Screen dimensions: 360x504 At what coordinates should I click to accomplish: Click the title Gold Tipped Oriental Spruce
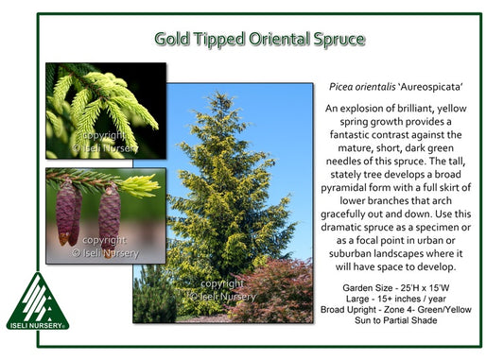pos(260,39)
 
